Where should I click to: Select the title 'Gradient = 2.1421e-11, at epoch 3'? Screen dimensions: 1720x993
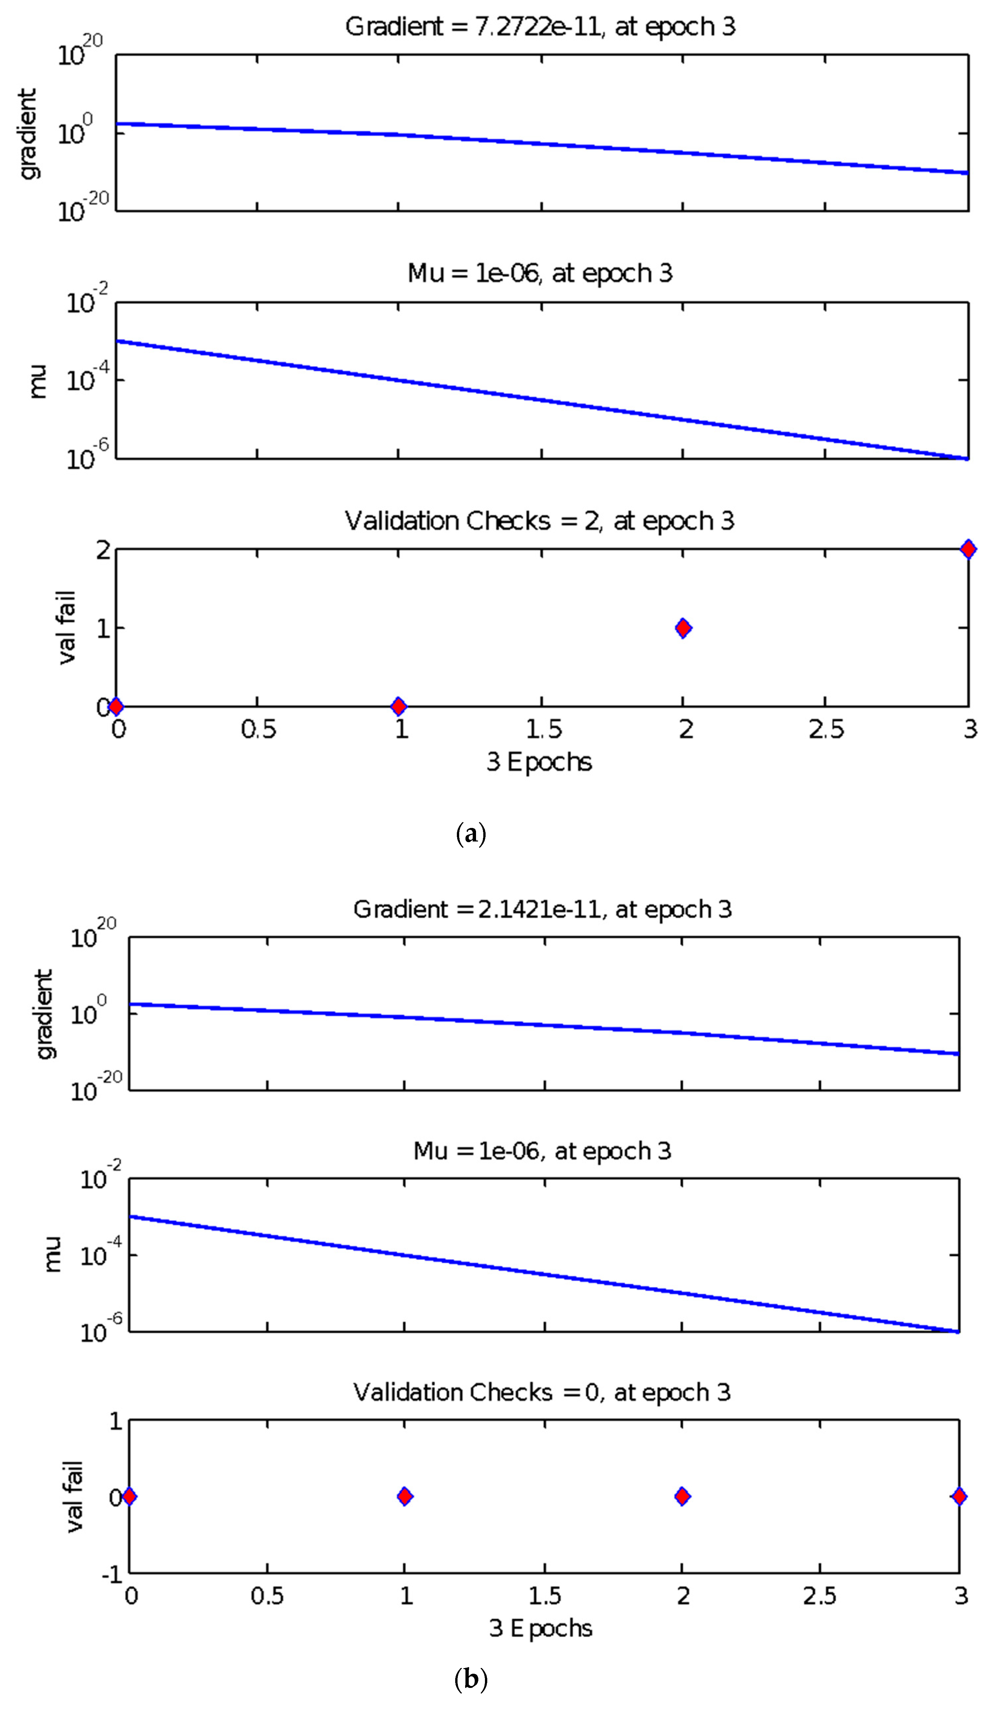tap(542, 910)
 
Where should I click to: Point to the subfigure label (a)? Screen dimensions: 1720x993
tap(471, 834)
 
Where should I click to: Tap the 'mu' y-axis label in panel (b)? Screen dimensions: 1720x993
tap(53, 1254)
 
